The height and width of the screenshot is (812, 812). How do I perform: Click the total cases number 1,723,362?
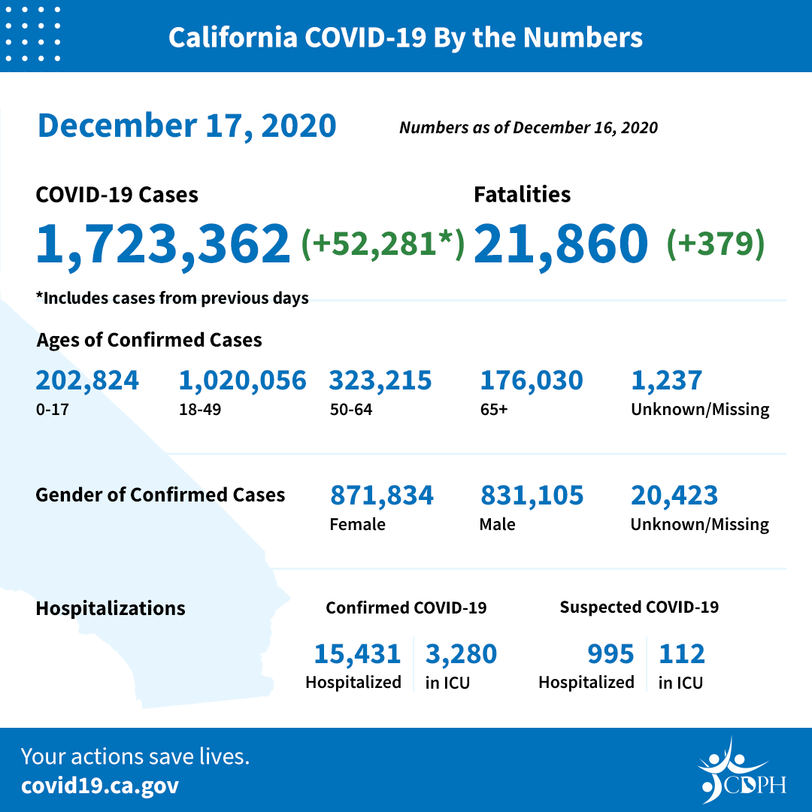163,244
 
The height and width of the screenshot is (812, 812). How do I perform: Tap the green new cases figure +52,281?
383,244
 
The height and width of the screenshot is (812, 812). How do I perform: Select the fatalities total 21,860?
561,244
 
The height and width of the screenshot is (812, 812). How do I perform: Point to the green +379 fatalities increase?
715,244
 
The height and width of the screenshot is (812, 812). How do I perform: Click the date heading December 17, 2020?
186,126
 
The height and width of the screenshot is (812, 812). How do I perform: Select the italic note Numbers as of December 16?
528,128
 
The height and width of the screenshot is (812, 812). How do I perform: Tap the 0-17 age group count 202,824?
87,380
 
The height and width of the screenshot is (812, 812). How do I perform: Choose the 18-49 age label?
195,410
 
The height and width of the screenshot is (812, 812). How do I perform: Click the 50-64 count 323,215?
380,380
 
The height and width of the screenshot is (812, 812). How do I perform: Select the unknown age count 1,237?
666,380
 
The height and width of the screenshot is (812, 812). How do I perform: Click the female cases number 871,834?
381,495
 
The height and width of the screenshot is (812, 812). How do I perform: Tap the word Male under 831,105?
497,524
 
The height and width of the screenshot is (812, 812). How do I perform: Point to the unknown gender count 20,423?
674,495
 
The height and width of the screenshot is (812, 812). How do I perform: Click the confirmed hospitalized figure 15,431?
357,654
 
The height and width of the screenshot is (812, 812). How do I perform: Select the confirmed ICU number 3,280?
461,654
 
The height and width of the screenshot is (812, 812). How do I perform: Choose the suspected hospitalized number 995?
611,654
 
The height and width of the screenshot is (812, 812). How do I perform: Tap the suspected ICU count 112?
681,654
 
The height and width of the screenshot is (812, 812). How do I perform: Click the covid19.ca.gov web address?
100,786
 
